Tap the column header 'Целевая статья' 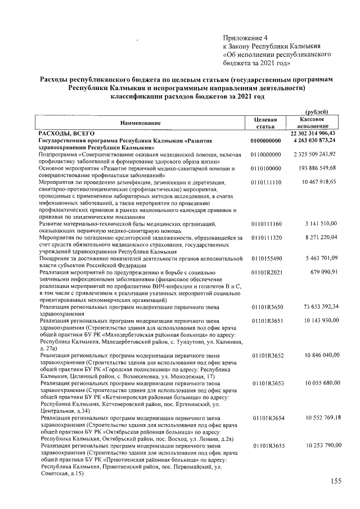pos(265,123)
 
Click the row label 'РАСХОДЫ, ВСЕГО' pos(63,133)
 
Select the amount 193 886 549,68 pos(317,168)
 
